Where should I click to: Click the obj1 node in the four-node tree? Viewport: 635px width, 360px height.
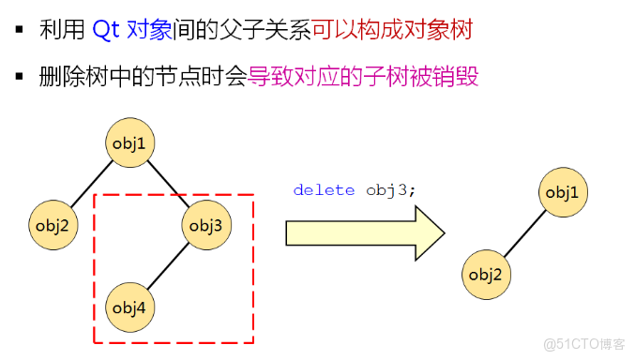[x=129, y=142]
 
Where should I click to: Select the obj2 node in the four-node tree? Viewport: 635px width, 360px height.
[x=53, y=225]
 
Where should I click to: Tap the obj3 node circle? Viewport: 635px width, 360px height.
[x=206, y=225]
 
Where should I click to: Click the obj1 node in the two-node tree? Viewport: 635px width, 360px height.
[x=562, y=193]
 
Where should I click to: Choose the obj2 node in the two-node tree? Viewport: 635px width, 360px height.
[x=487, y=275]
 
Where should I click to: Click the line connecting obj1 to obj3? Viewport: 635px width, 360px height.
[x=169, y=184]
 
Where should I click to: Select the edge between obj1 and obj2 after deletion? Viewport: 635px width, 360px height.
[x=524, y=234]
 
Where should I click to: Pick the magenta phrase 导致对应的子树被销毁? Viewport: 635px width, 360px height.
[x=363, y=77]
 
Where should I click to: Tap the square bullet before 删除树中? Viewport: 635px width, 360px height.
[x=19, y=76]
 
